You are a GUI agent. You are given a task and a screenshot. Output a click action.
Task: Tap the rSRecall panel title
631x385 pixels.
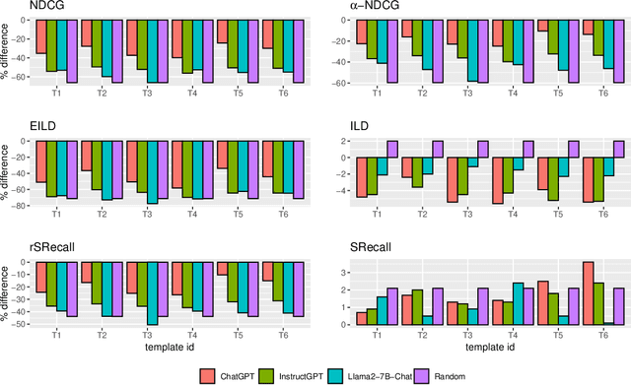[x=29, y=248]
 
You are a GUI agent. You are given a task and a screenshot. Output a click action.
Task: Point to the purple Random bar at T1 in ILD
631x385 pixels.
[x=392, y=149]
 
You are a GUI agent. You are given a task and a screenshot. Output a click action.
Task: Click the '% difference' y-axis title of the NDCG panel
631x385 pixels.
[x=7, y=51]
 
